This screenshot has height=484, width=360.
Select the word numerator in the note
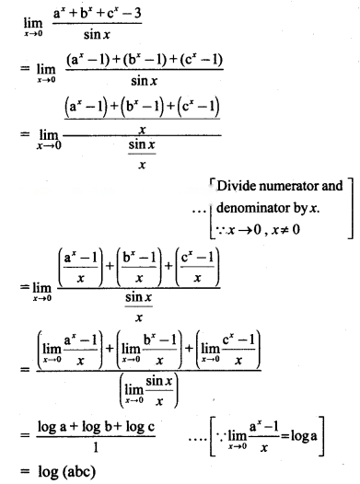(x=288, y=187)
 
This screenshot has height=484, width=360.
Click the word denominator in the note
(x=253, y=208)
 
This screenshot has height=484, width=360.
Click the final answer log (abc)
(x=66, y=472)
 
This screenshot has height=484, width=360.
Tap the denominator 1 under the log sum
(x=96, y=447)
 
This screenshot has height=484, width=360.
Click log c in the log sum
(x=140, y=427)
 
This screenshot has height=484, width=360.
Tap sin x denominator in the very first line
(x=97, y=34)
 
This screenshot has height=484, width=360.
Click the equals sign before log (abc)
(x=25, y=471)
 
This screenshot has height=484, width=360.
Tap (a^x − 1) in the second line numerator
(x=87, y=60)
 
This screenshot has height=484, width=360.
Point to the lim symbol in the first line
(x=33, y=23)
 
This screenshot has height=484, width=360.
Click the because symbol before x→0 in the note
(x=221, y=230)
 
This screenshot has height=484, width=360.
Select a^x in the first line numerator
(x=59, y=13)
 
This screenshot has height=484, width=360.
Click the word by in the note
(x=299, y=208)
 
